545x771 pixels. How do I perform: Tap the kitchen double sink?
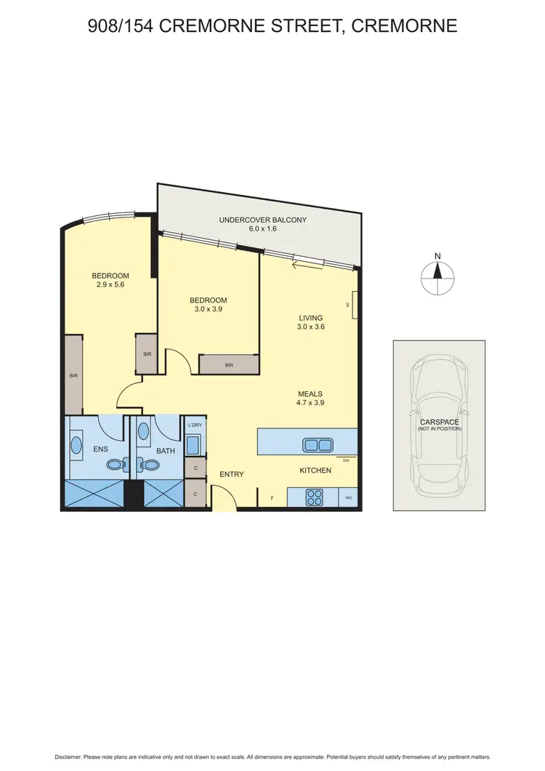pos(316,444)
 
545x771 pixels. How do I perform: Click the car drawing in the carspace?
pos(438,425)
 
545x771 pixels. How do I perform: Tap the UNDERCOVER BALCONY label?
pos(262,220)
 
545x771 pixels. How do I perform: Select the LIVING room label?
pos(310,318)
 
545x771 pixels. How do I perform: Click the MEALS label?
pos(309,394)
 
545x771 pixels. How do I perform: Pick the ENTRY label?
pos(232,474)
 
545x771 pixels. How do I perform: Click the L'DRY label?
pos(195,425)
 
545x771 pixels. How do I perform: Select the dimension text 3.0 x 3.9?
pos(208,310)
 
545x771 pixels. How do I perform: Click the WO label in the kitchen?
pos(348,498)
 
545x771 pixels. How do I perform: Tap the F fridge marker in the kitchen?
pos(272,498)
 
